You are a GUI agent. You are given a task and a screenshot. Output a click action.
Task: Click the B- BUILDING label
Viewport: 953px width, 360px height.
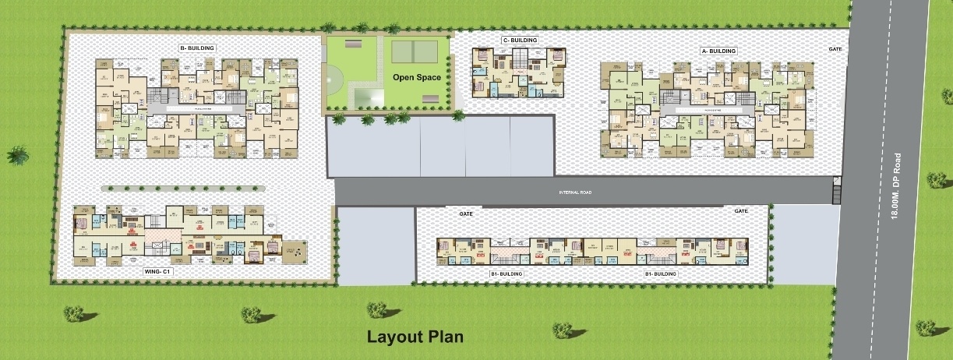[197, 48]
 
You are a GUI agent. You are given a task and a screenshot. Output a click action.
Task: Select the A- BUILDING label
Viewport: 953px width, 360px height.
[718, 51]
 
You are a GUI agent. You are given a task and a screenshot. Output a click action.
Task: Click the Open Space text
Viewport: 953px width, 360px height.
[416, 77]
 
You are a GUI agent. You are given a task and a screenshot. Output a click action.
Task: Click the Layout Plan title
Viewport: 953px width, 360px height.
[415, 337]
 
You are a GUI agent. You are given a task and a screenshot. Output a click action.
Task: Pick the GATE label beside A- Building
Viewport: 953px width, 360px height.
[835, 49]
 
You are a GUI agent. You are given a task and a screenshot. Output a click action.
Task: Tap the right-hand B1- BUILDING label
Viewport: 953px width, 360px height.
[659, 274]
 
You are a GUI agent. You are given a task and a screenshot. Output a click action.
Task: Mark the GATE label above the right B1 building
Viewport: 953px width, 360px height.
[740, 211]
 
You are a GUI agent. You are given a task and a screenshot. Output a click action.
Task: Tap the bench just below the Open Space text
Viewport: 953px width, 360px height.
[429, 95]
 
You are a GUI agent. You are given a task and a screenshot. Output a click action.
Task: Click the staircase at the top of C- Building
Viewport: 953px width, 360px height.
[517, 59]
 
